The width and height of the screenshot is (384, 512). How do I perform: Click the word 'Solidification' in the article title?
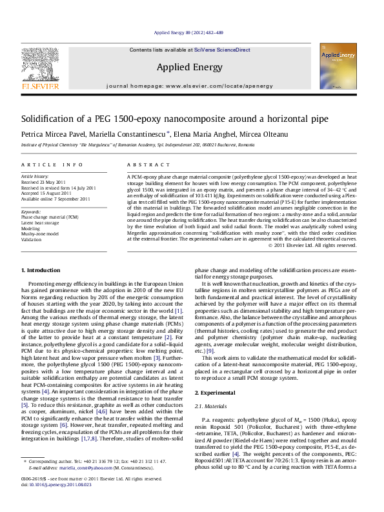[x=50, y=119]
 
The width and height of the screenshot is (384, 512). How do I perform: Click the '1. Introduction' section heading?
[x=41, y=287]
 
